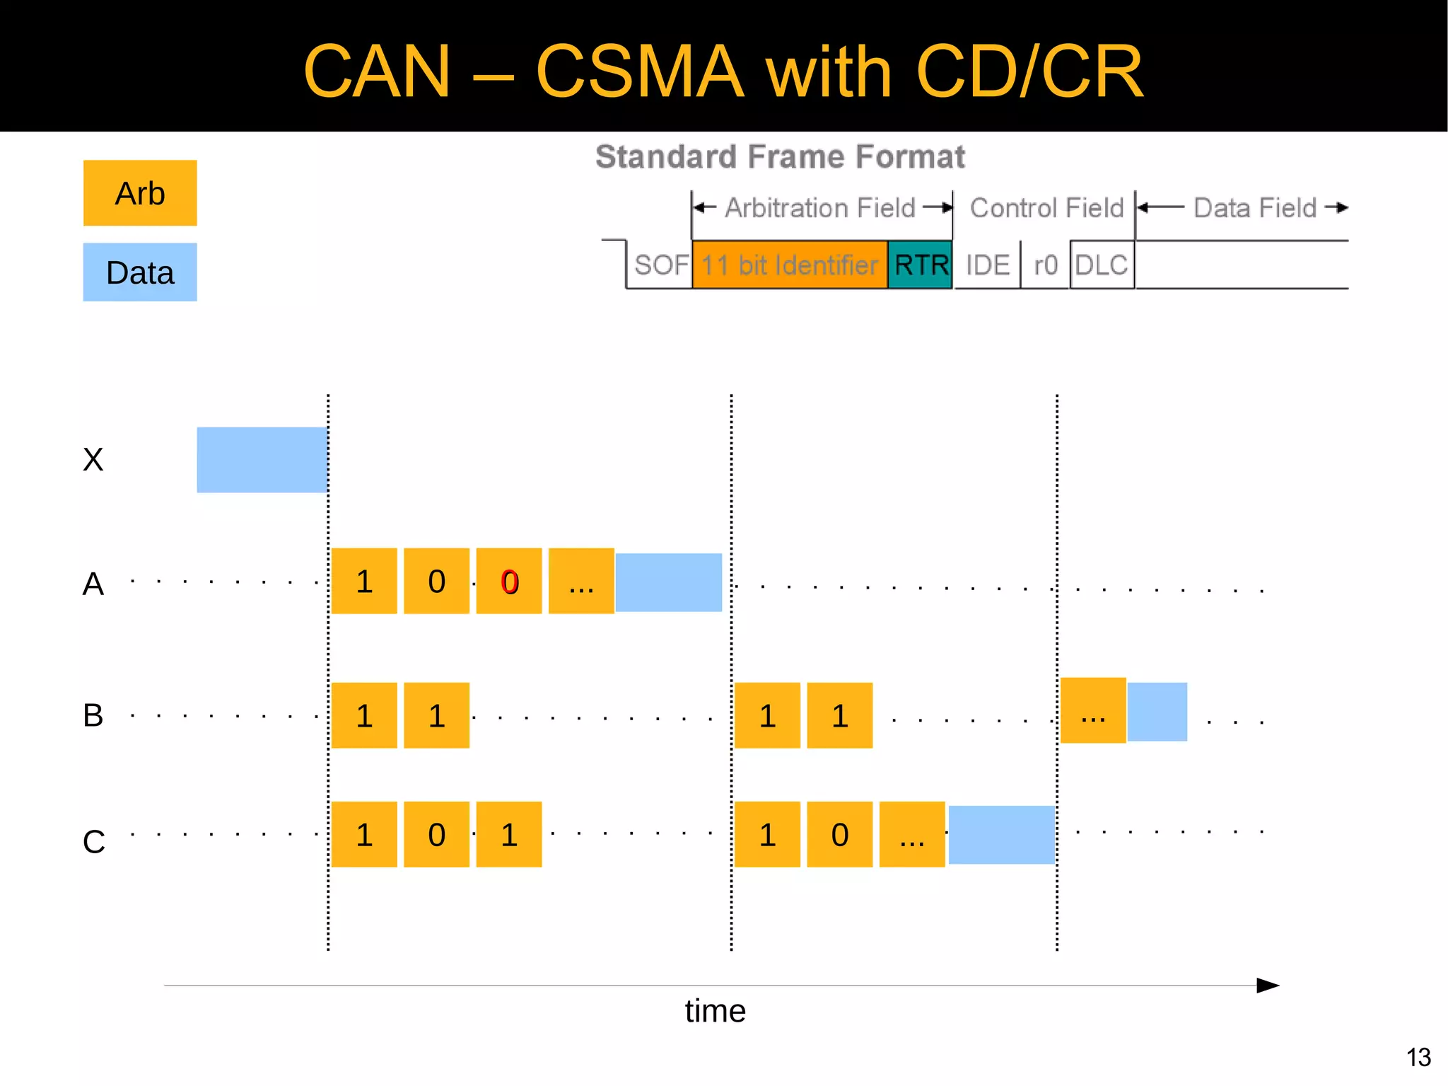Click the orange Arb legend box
[x=140, y=193]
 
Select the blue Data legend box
[x=140, y=272]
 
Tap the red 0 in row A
[x=510, y=582]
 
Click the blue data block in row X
[x=262, y=460]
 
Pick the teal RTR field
[x=920, y=265]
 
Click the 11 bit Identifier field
[x=789, y=265]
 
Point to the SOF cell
[x=660, y=265]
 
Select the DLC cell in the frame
[x=1102, y=265]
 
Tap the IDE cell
[x=988, y=265]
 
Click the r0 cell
[x=1046, y=265]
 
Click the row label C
[x=93, y=842]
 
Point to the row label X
[x=93, y=460]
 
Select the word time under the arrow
[x=715, y=1011]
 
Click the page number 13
[x=1418, y=1057]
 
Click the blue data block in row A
[x=668, y=582]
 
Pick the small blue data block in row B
[x=1157, y=712]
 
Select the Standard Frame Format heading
[x=780, y=156]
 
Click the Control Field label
[x=1046, y=208]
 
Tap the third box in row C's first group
[x=509, y=835]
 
